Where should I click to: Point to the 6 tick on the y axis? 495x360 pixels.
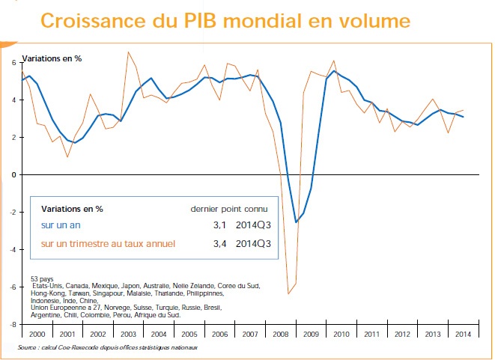tap(13, 62)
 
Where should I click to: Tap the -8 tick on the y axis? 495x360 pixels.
tap(11, 324)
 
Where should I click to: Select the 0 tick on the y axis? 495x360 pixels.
tap(13, 174)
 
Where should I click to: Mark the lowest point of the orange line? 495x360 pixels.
tap(288, 293)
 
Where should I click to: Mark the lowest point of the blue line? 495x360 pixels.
tap(296, 222)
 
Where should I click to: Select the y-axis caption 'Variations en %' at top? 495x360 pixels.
tap(52, 58)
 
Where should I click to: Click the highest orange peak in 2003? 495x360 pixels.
tap(128, 52)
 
